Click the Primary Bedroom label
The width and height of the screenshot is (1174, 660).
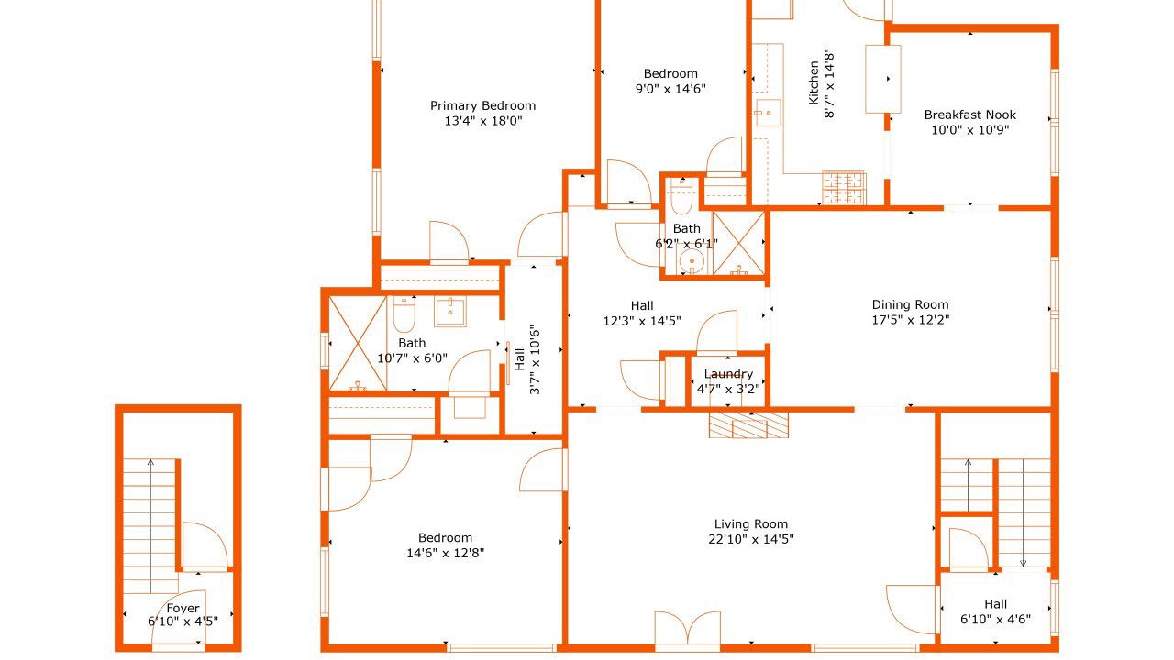click(x=482, y=105)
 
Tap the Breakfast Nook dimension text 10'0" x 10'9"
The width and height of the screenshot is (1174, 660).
click(x=970, y=130)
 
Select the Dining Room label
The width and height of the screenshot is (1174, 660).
click(x=911, y=304)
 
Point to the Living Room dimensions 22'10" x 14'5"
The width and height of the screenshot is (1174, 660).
click(x=751, y=539)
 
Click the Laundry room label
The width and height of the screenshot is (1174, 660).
click(x=728, y=374)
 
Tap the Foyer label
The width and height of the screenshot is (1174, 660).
click(x=183, y=608)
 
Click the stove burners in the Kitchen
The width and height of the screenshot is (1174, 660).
click(x=843, y=188)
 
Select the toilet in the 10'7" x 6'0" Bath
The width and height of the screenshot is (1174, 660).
click(x=404, y=313)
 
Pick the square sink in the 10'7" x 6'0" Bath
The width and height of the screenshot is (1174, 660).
click(x=450, y=311)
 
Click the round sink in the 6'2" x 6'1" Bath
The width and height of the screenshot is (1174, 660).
click(x=692, y=260)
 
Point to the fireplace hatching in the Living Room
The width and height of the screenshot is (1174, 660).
click(x=748, y=424)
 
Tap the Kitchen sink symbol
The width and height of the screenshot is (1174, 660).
click(x=768, y=113)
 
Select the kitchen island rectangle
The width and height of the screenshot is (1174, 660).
click(x=883, y=79)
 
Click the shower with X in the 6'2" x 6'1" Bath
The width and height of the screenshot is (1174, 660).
click(x=738, y=243)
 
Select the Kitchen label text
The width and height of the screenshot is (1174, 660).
click(x=814, y=82)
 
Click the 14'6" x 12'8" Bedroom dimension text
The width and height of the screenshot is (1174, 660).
click(x=446, y=553)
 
